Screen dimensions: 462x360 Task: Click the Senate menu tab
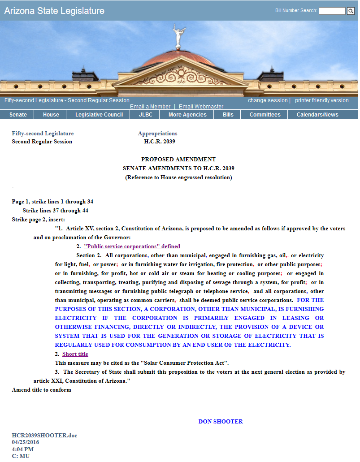pyautogui.click(x=18, y=115)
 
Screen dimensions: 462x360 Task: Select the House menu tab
pyautogui.click(x=51, y=115)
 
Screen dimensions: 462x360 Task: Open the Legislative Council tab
pyautogui.click(x=99, y=115)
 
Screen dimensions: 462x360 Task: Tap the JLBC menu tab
pyautogui.click(x=146, y=115)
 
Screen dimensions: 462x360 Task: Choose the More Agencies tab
pyautogui.click(x=187, y=115)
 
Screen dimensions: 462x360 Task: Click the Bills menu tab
pyautogui.click(x=228, y=115)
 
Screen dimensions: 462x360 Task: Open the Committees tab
pyautogui.click(x=265, y=115)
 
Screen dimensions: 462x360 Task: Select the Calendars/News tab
pyautogui.click(x=317, y=115)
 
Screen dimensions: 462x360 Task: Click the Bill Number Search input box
pyautogui.click(x=332, y=11)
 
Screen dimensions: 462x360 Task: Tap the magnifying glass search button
pyautogui.click(x=351, y=11)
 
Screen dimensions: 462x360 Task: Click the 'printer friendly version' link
pyautogui.click(x=321, y=100)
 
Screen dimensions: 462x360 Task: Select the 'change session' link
pyautogui.click(x=268, y=100)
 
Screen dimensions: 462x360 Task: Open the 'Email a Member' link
pyautogui.click(x=150, y=107)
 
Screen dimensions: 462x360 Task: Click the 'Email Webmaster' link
pyautogui.click(x=201, y=107)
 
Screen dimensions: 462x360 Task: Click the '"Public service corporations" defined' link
pyautogui.click(x=132, y=246)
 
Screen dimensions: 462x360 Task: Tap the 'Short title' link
pyautogui.click(x=75, y=354)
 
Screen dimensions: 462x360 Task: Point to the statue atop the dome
pyautogui.click(x=179, y=36)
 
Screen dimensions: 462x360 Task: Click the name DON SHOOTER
pyautogui.click(x=221, y=422)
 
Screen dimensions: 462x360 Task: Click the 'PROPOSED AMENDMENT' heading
pyautogui.click(x=178, y=160)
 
